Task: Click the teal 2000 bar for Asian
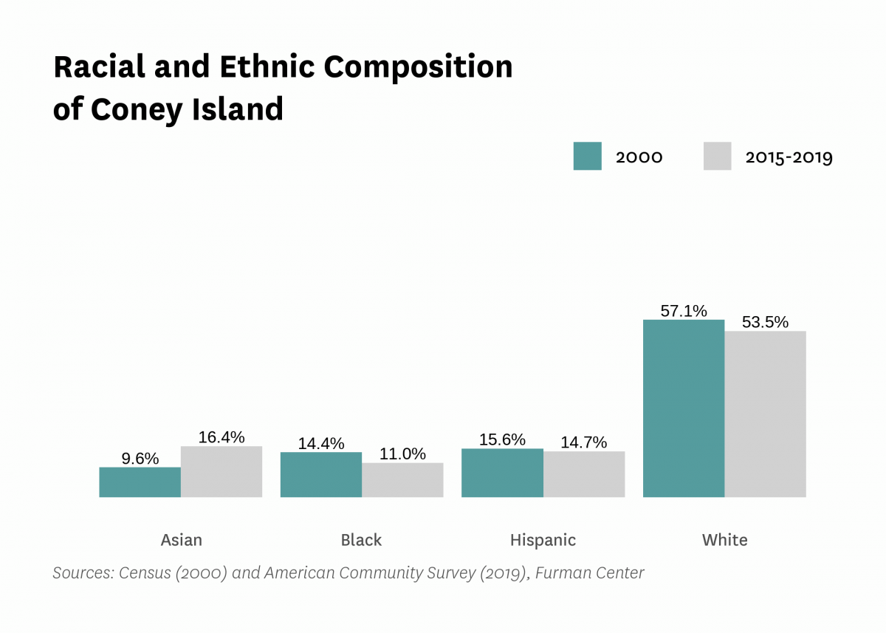click(x=140, y=482)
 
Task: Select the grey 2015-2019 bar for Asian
click(x=221, y=471)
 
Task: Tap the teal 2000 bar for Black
click(x=321, y=474)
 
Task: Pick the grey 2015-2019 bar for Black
click(x=402, y=480)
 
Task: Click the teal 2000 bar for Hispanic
click(x=502, y=473)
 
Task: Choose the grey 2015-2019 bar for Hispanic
click(x=584, y=474)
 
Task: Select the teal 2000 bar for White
click(x=684, y=408)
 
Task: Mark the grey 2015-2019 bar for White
click(x=765, y=414)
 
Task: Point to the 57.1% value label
click(x=684, y=311)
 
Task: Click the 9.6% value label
click(x=140, y=459)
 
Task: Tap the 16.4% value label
click(x=221, y=437)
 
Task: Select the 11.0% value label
click(x=402, y=454)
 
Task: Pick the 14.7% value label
click(x=584, y=442)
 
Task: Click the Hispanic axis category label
click(x=543, y=540)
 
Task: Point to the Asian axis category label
click(x=181, y=540)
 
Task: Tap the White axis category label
click(x=724, y=540)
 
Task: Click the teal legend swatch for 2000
click(x=587, y=157)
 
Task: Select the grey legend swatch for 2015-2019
click(x=717, y=157)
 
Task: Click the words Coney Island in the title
click(x=187, y=109)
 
